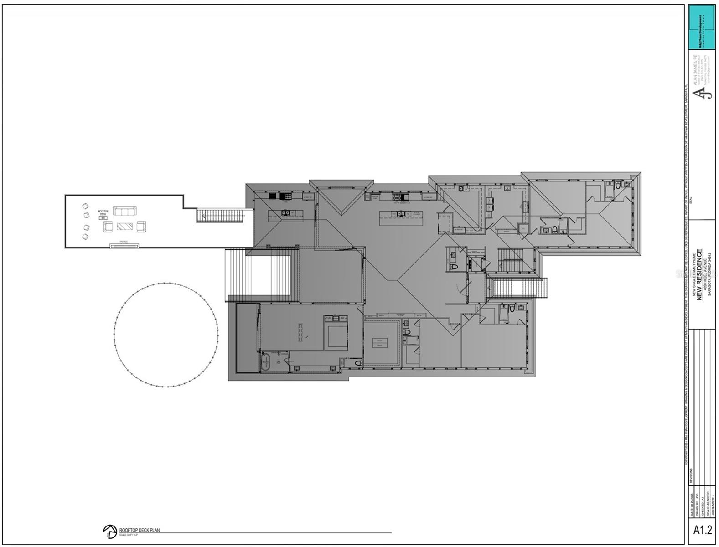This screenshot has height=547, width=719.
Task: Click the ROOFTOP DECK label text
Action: [103, 213]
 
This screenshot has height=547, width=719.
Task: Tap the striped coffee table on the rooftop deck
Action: [124, 226]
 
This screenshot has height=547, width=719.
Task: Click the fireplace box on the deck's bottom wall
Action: [124, 246]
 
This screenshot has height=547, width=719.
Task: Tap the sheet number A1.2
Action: [702, 530]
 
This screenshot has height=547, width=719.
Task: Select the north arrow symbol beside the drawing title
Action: [109, 532]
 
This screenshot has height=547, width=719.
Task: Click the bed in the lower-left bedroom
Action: [336, 332]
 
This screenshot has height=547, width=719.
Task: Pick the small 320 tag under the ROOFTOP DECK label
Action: [103, 218]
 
